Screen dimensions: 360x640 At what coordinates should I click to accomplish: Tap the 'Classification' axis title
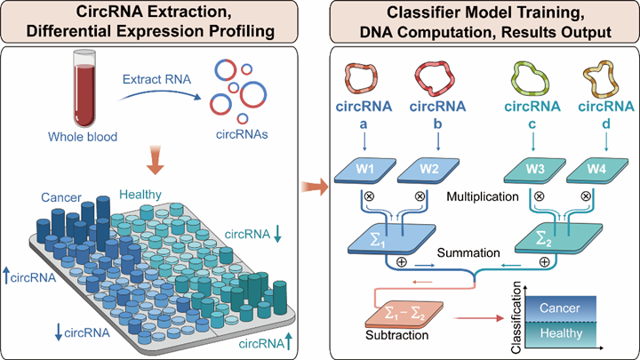pos(503,313)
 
